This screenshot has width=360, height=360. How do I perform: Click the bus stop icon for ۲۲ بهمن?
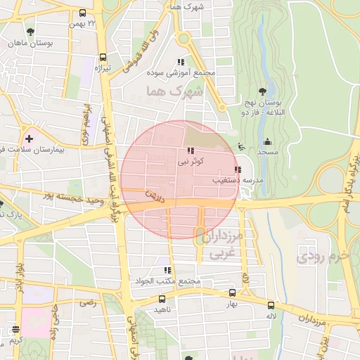click(x=83, y=13)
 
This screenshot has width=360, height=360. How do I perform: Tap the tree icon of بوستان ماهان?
click(x=30, y=32)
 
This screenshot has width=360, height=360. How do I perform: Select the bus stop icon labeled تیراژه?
click(x=103, y=58)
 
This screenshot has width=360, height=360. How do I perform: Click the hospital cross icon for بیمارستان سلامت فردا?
click(x=29, y=139)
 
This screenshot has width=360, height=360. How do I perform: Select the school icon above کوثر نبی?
click(x=191, y=150)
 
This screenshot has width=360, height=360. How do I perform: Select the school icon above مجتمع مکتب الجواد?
click(x=167, y=270)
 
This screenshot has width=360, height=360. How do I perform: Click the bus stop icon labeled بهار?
click(x=232, y=292)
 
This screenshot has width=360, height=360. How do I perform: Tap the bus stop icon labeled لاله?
click(x=271, y=304)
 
